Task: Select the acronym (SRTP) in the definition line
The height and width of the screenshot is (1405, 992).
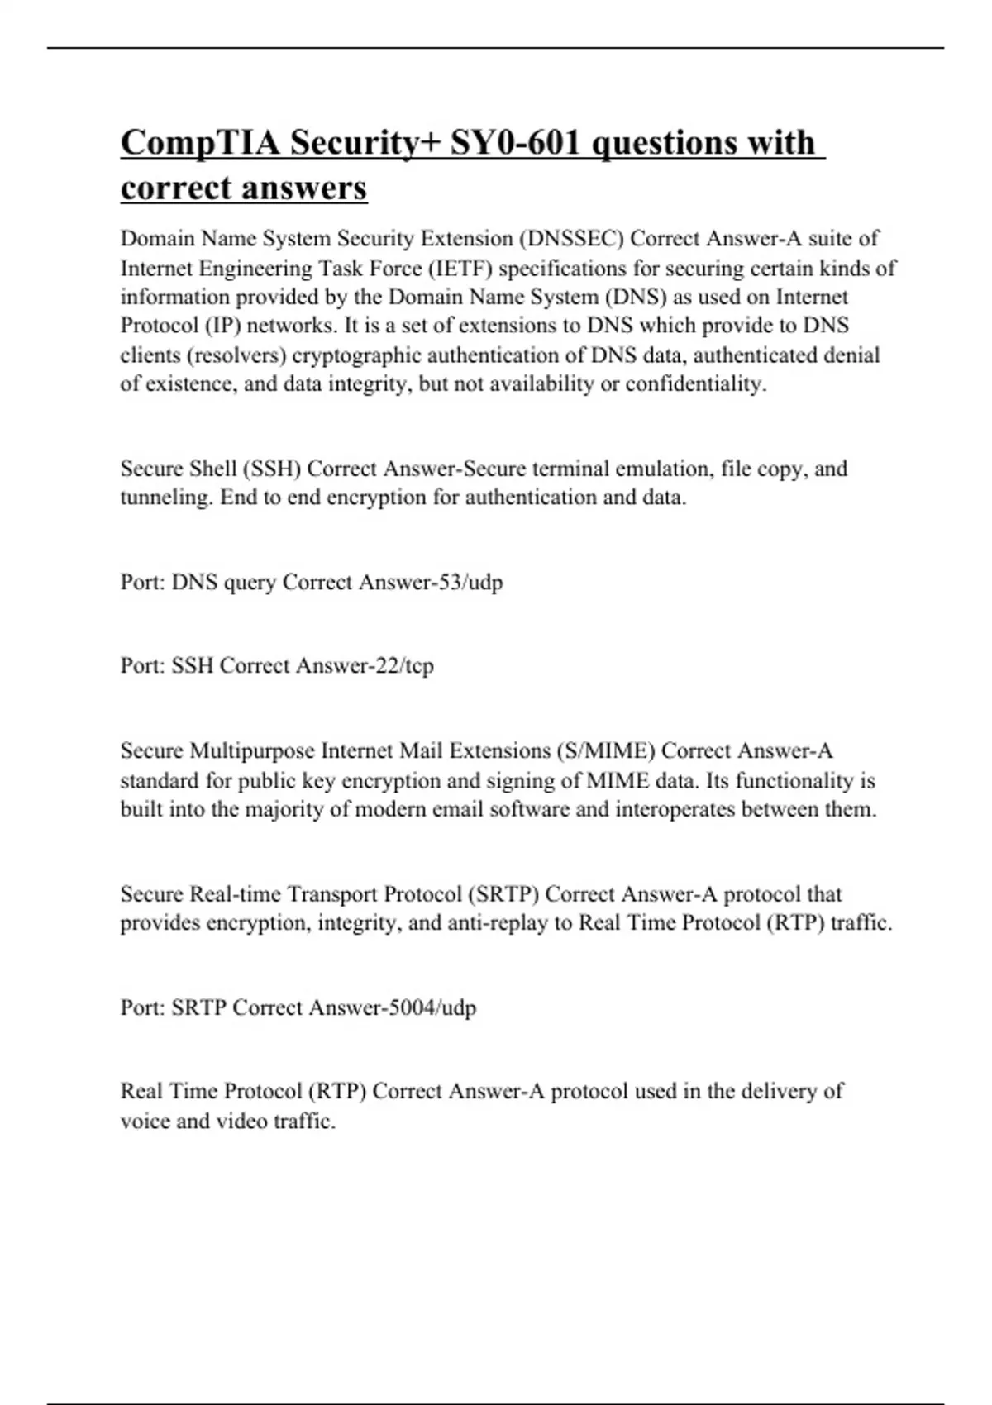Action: point(503,893)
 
